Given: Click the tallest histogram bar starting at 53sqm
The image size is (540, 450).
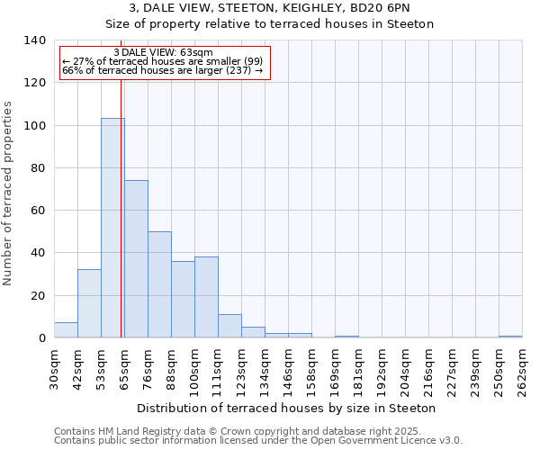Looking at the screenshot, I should tap(112, 229).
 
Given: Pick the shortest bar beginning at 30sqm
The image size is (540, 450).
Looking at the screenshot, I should tap(66, 330).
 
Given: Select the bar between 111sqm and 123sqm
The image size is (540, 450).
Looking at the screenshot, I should tap(229, 327).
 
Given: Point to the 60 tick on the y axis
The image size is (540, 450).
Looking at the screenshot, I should tap(38, 211).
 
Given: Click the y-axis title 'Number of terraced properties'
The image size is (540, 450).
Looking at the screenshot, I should tap(9, 193).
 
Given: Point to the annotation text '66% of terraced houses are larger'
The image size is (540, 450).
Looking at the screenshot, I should tap(162, 70).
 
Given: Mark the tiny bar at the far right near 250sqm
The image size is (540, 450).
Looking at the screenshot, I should tap(510, 337).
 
